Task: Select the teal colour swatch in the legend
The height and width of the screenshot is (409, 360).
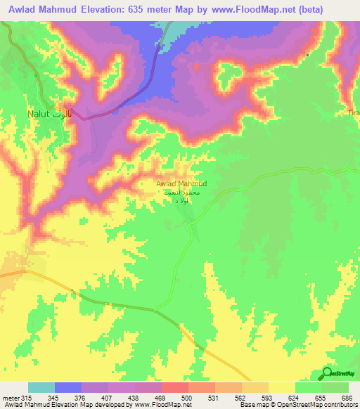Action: pyautogui.click(x=41, y=388)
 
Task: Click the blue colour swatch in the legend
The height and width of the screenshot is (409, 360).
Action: pyautogui.click(x=68, y=388)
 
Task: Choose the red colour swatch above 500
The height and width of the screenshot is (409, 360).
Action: pyautogui.click(x=174, y=388)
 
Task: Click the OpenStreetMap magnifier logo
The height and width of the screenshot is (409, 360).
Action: pyautogui.click(x=327, y=372)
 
